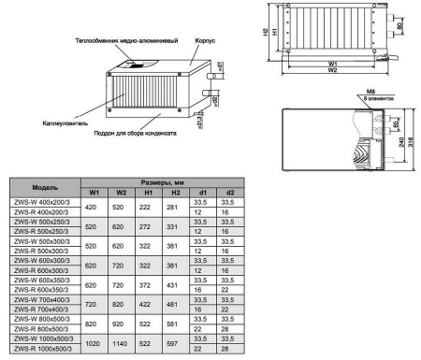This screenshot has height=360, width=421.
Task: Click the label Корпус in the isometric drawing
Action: point(206,43)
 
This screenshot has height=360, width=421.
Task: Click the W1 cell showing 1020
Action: point(92,342)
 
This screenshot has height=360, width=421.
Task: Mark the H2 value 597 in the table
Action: point(172,342)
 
